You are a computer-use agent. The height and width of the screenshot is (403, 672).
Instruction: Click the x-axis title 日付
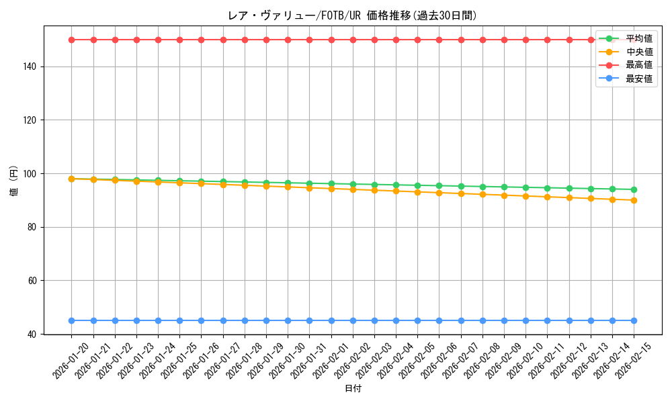pyautogui.click(x=353, y=389)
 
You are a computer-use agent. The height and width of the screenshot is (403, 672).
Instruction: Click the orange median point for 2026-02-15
pyautogui.click(x=634, y=200)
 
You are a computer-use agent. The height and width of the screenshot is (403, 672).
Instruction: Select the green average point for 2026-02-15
pyautogui.click(x=634, y=189)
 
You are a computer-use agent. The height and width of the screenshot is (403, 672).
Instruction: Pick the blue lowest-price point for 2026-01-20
pyautogui.click(x=72, y=320)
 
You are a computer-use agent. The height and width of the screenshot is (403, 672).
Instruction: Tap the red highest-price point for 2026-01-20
pyautogui.click(x=72, y=40)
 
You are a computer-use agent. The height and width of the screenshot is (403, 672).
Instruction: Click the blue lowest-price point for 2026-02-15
pyautogui.click(x=634, y=320)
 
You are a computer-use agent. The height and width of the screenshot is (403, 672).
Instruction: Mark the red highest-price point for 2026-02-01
pyautogui.click(x=331, y=40)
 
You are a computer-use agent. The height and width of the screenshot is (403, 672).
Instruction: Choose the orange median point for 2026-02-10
pyautogui.click(x=526, y=196)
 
